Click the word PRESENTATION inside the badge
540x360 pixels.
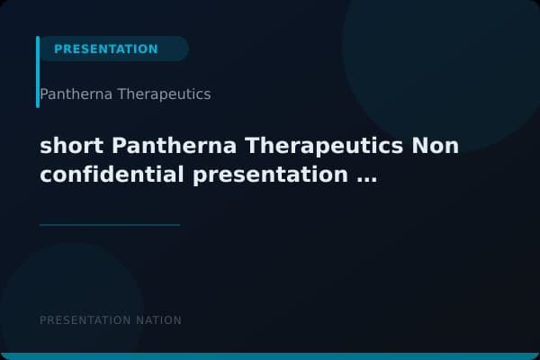[x=105, y=49]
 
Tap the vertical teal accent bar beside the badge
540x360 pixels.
[x=38, y=72]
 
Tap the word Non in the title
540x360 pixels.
[x=436, y=146]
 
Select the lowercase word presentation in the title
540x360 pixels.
[x=271, y=175]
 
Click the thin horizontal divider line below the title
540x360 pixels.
[x=109, y=225]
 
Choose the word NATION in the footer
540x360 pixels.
[x=158, y=320]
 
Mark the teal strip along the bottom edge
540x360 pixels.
[x=270, y=356]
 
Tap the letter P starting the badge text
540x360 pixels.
[x=58, y=49]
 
